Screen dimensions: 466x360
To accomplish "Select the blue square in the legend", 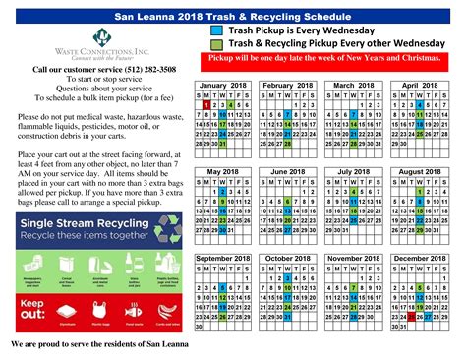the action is pyautogui.click(x=216, y=30).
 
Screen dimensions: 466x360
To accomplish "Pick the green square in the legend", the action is pyautogui.click(x=216, y=45).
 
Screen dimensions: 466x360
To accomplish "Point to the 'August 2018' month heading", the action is pyautogui.click(x=419, y=172).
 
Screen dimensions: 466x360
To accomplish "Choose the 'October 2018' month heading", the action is pyautogui.click(x=289, y=258).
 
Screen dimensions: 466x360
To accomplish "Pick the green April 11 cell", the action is pyautogui.click(x=420, y=115).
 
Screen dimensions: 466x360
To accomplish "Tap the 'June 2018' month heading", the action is pyautogui.click(x=289, y=172).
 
